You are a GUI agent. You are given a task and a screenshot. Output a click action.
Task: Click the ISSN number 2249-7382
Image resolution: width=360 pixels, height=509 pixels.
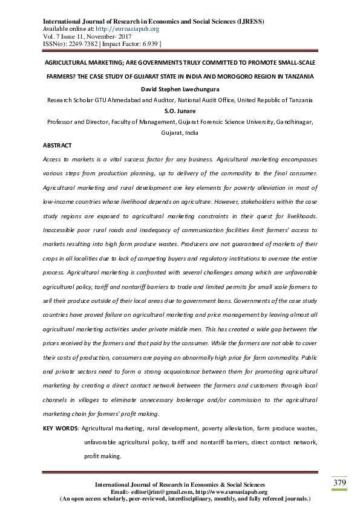[x=83, y=44]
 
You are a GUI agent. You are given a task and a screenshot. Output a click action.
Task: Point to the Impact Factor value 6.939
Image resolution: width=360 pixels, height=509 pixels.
[x=148, y=44]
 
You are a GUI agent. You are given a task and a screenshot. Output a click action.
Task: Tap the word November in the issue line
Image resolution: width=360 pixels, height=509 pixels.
[x=104, y=36]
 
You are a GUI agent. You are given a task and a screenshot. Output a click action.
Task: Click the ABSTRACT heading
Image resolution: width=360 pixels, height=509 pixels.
[x=57, y=146]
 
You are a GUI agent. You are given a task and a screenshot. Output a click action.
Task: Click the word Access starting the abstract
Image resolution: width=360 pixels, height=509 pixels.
[x=53, y=158]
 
